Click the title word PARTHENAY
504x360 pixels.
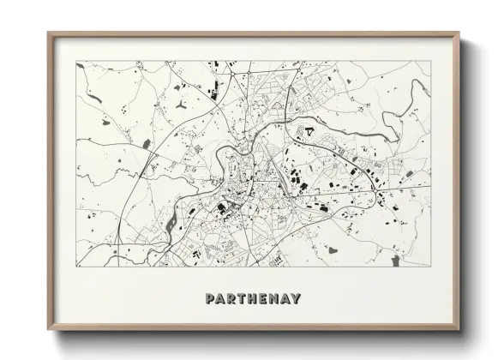coord(253,298)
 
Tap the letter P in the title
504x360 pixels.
coord(210,298)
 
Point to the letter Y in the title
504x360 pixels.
coord(296,298)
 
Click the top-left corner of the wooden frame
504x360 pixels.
coord(47,33)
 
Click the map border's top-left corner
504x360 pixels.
coord(75,62)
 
